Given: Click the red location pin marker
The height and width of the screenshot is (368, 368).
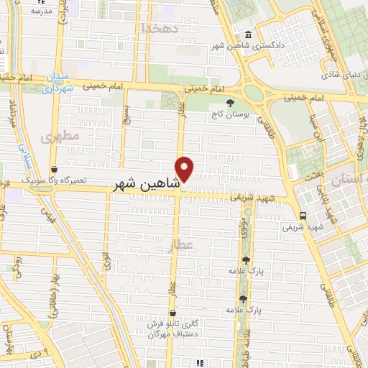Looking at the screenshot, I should [185, 169].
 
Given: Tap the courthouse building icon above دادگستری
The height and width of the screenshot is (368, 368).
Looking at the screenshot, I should [248, 36].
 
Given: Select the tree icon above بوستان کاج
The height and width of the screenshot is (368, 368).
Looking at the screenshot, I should [230, 103].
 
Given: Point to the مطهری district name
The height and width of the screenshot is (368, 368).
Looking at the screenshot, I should [57, 136].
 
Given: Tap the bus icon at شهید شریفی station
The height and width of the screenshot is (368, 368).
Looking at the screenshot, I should [304, 215].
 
